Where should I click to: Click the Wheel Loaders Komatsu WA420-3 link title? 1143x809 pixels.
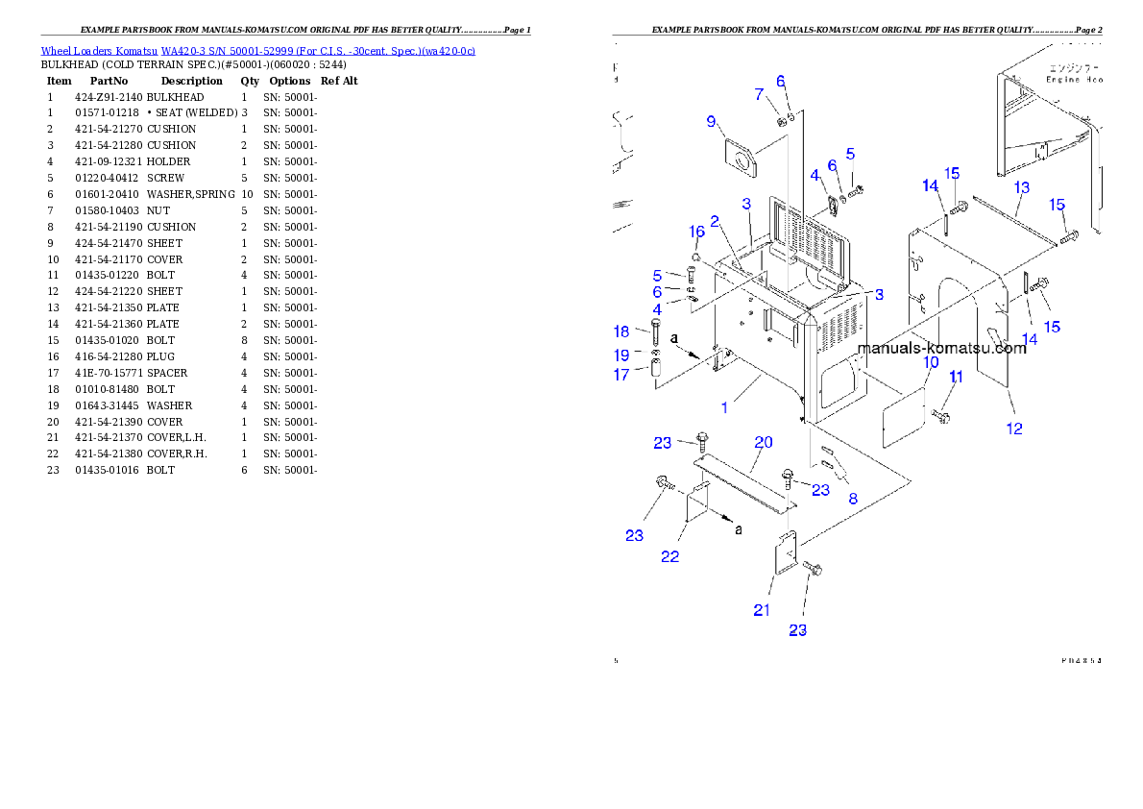[x=257, y=51]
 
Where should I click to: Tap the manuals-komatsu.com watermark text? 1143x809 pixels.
[x=941, y=348]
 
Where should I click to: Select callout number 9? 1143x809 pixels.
[x=711, y=121]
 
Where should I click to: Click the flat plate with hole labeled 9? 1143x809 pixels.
[x=737, y=159]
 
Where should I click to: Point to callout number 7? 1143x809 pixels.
[x=759, y=94]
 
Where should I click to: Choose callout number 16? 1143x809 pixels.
[x=697, y=232]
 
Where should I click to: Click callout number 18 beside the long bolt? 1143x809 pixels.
[x=621, y=331]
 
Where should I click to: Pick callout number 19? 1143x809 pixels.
[x=621, y=355]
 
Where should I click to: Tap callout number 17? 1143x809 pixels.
[x=621, y=375]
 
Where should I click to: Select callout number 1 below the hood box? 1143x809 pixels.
[x=724, y=407]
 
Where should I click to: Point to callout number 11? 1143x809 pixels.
[x=956, y=378]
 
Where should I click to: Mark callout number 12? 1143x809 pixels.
[x=1014, y=429]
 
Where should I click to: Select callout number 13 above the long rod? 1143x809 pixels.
[x=1021, y=186]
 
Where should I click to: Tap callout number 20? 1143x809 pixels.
[x=763, y=442]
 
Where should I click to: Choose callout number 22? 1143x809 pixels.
[x=669, y=556]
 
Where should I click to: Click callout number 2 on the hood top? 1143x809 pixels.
[x=715, y=223]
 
